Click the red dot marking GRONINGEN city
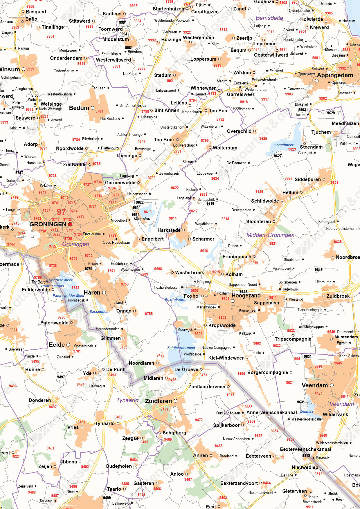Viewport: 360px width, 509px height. [70, 224]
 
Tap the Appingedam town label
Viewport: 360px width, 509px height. [335, 75]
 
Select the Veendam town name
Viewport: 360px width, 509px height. [315, 385]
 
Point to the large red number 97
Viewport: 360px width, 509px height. [61, 212]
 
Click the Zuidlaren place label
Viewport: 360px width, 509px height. [159, 401]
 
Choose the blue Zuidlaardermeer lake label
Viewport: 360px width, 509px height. [181, 348]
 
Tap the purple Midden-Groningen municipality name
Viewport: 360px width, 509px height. [270, 235]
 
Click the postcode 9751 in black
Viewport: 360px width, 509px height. [89, 269]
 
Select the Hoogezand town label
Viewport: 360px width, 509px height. [246, 295]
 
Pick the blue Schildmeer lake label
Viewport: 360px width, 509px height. [284, 145]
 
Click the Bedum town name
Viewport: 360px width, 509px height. [79, 108]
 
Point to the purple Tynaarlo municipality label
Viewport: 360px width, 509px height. [127, 400]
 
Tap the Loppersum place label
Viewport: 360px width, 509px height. [203, 59]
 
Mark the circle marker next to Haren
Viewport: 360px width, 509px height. [104, 293]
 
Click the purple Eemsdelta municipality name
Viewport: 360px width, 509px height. [269, 18]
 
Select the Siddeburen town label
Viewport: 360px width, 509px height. [308, 179]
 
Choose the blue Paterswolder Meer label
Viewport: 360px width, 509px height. [69, 295]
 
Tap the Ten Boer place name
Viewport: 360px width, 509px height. [164, 140]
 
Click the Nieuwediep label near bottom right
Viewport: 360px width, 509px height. [305, 467]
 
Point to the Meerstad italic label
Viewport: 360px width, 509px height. [142, 219]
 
